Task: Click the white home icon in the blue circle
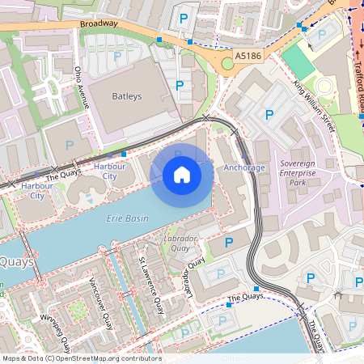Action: click(x=182, y=175)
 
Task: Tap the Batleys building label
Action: click(x=126, y=96)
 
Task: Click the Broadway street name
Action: click(x=99, y=25)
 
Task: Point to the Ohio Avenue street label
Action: click(x=80, y=87)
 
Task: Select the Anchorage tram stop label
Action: click(x=243, y=167)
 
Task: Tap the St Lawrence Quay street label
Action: click(x=146, y=283)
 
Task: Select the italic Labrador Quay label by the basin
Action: click(x=181, y=243)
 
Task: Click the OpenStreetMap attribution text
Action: click(x=81, y=358)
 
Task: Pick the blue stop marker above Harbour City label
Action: click(x=123, y=153)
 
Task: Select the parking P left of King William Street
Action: click(x=270, y=116)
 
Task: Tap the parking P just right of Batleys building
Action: click(x=179, y=84)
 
